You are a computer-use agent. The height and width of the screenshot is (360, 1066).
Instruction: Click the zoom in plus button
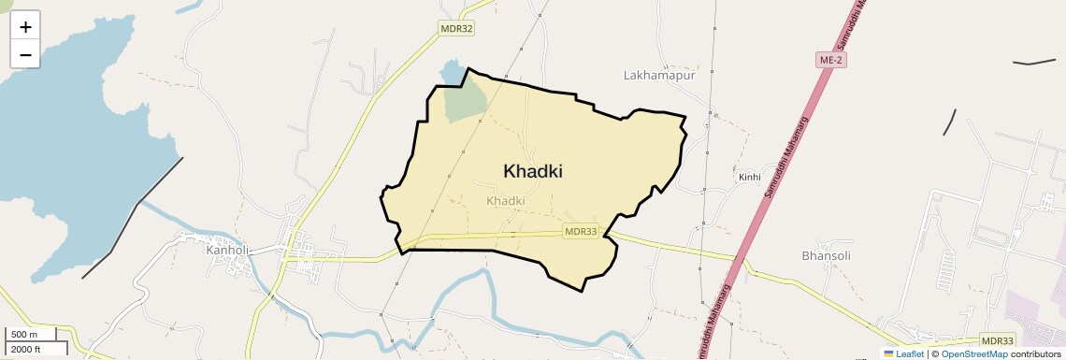[25, 27]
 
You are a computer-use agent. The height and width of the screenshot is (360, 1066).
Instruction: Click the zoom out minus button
[25, 54]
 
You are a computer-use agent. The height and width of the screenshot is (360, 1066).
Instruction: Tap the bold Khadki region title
[533, 171]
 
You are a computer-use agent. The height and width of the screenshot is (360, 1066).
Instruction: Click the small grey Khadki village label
[506, 201]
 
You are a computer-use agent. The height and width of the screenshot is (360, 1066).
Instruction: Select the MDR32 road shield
[457, 29]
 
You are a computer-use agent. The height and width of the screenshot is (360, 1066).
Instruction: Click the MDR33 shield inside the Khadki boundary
[581, 231]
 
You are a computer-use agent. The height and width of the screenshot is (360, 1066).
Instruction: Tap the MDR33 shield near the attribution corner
[999, 340]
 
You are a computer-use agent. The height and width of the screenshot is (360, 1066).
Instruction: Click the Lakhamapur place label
[660, 75]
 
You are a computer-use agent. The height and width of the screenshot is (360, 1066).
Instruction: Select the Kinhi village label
[750, 177]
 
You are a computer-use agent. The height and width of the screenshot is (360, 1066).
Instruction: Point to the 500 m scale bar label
[24, 335]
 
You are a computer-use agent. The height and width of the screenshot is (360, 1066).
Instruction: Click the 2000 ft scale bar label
[26, 349]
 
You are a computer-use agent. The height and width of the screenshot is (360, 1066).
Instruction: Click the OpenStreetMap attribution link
[974, 353]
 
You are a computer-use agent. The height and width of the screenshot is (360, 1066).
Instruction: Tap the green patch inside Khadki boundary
[465, 101]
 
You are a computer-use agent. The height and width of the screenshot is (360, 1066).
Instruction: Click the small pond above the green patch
[453, 71]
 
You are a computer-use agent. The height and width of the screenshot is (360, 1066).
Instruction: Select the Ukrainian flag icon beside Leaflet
[889, 353]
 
